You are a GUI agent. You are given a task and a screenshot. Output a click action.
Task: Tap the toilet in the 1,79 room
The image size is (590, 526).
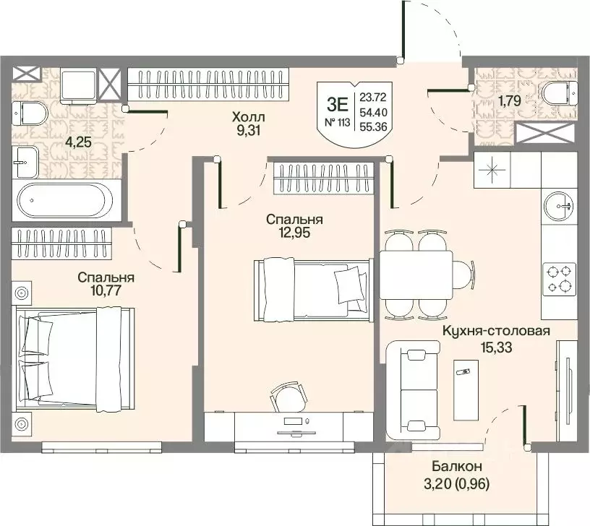coord(559,94)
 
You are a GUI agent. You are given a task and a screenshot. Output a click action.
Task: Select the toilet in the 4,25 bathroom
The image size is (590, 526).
coord(30,113)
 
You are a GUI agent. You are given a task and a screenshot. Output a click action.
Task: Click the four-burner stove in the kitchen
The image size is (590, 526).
coord(560,278)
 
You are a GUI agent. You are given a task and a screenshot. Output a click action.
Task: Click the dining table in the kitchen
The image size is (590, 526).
coord(416,275)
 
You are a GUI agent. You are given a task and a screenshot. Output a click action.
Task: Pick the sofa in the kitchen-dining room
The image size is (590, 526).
coord(413,390)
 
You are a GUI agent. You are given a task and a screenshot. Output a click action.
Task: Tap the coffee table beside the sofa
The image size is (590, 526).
coord(466,389)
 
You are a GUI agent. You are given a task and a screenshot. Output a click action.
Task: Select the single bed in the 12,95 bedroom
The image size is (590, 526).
coord(314,289)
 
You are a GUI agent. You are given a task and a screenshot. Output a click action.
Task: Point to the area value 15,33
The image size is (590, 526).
coord(496,348)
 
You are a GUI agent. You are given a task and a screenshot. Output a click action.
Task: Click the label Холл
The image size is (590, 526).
coord(248,117)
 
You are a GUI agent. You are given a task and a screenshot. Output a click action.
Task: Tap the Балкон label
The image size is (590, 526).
coord(457,467)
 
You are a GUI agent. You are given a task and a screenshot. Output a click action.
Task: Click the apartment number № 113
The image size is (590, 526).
coord(337,122)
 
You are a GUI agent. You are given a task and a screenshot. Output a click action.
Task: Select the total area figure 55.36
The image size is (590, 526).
coord(373,126)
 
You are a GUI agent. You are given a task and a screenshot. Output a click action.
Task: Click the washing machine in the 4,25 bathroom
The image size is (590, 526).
coord(79,86)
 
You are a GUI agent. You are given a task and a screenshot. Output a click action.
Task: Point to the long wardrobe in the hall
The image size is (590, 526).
coord(208,85)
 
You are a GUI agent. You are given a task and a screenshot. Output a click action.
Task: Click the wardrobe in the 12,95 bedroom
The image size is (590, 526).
coord(323,178)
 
